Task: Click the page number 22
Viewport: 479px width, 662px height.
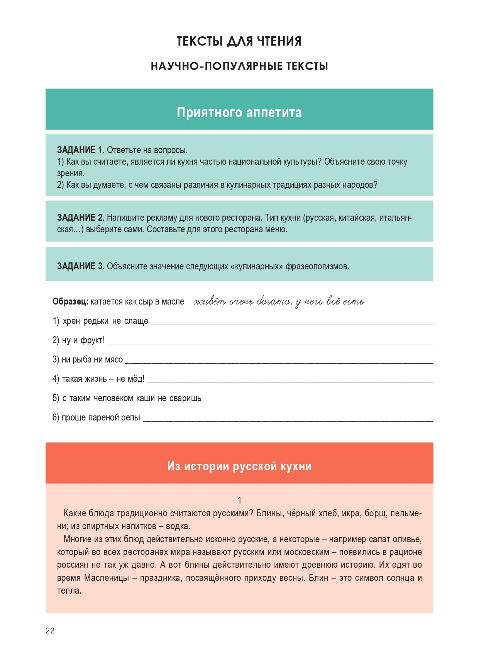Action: tap(50, 631)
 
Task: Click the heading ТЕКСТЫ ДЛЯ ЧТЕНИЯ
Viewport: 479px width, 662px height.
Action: tap(239, 41)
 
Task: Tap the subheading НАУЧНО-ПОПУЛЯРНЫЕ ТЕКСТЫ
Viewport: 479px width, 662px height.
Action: tap(239, 66)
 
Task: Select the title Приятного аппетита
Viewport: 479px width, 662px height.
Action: tap(239, 112)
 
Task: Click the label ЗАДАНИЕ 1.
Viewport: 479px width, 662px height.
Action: tap(80, 150)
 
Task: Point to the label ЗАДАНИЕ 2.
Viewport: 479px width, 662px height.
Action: tap(80, 218)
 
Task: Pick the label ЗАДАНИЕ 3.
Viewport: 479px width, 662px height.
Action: tap(80, 266)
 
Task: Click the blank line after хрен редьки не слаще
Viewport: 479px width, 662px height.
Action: tap(292, 323)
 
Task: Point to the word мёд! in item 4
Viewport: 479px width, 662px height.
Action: tap(136, 379)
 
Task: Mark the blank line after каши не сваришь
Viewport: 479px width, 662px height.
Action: tap(318, 400)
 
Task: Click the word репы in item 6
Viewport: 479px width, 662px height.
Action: tap(130, 418)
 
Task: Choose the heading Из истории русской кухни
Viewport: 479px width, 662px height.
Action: tap(239, 466)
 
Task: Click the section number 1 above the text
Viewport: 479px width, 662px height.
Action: tap(239, 500)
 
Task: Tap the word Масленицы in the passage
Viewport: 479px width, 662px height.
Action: tap(107, 578)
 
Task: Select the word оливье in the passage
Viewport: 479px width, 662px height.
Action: tap(408, 539)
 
